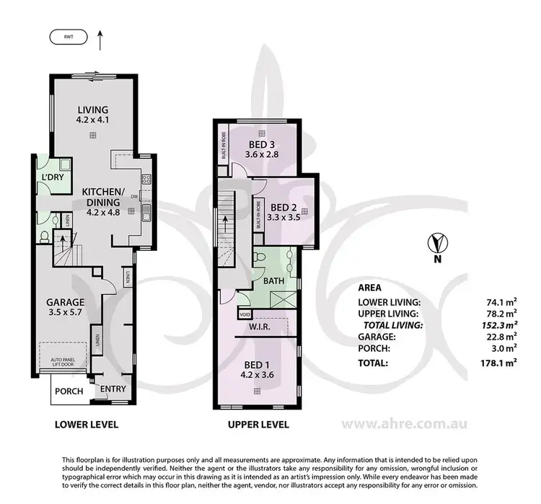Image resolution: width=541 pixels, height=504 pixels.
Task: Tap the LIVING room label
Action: (x=94, y=110)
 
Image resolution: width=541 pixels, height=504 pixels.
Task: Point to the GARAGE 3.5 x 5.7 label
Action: (x=66, y=303)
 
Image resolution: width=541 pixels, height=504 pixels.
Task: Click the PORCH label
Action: (x=69, y=392)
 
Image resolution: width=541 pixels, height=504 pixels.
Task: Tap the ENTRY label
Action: (x=113, y=389)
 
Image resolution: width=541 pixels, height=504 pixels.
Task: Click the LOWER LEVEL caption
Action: (x=87, y=425)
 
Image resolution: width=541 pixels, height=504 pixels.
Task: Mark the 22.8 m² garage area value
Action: (x=501, y=337)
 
